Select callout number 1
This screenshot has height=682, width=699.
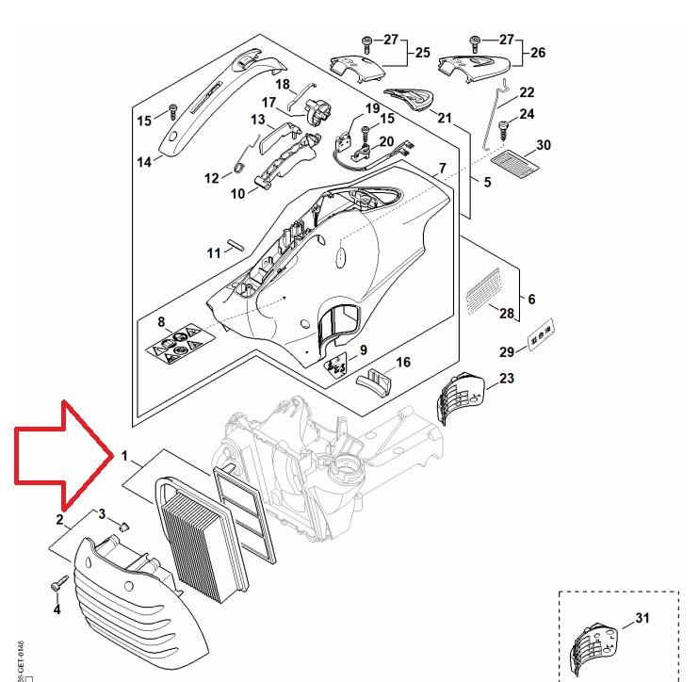tap(124, 455)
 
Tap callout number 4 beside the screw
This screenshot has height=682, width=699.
tap(57, 609)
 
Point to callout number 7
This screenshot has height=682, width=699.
tap(442, 169)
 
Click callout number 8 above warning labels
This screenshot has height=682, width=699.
tap(162, 322)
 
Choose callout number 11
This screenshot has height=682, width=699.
tap(213, 252)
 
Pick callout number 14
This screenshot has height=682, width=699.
tap(144, 162)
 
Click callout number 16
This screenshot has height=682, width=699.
tap(403, 363)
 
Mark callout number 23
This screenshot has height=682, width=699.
tap(507, 379)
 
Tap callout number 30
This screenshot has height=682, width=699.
tap(544, 145)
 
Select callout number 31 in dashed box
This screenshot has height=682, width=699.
tap(642, 619)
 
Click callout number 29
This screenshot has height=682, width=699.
tap(506, 352)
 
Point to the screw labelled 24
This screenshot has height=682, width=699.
tap(505, 125)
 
